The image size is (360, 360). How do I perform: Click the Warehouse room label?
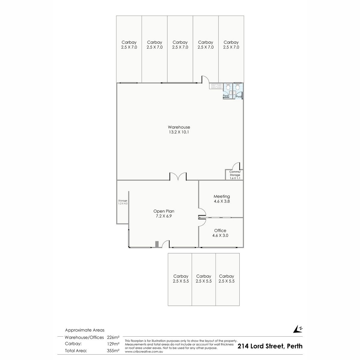(x=179, y=127)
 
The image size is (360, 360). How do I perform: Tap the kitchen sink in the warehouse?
(x=216, y=86)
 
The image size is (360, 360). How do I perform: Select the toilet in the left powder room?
(x=228, y=87)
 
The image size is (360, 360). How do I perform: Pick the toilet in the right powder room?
(x=237, y=87)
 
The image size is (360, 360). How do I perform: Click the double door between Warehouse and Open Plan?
(x=178, y=176)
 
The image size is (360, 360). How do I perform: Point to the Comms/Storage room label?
(x=235, y=173)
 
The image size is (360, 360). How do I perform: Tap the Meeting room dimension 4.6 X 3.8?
(x=222, y=201)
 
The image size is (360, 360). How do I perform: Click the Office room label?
(x=220, y=230)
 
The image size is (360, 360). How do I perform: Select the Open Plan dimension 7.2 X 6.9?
(x=164, y=216)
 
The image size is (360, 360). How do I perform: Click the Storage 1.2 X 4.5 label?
(x=123, y=202)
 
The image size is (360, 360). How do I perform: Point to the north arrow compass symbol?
(x=298, y=334)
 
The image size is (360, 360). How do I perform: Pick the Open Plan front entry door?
(x=166, y=244)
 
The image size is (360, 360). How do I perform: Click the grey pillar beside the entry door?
(x=157, y=244)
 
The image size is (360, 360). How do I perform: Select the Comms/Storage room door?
(x=236, y=166)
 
